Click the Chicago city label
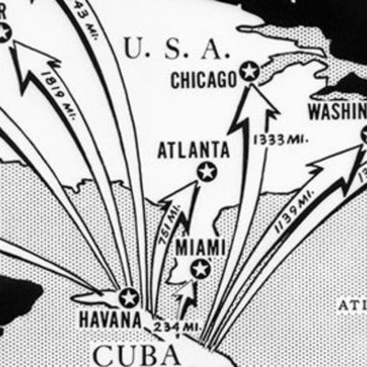[x=205, y=81]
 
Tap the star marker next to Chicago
[x=249, y=72]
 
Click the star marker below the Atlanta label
[x=206, y=171]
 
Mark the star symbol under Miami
[x=199, y=269]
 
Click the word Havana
[x=109, y=320]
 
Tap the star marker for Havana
[x=128, y=296]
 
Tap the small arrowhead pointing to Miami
[x=191, y=286]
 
